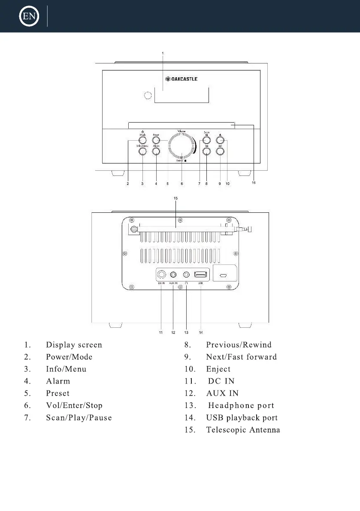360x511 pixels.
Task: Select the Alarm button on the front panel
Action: (156, 151)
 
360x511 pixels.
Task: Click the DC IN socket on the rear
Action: (162, 275)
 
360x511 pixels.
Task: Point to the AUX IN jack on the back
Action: (174, 275)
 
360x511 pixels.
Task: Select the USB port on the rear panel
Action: (201, 275)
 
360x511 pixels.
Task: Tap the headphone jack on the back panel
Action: (187, 275)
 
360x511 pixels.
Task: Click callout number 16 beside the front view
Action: (254, 182)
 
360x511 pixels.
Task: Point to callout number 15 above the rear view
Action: (175, 198)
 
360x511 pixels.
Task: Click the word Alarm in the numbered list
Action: (58, 381)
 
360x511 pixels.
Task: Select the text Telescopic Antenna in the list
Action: (243, 430)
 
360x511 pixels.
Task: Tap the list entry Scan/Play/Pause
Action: (79, 417)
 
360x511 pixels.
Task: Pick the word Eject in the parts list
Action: (218, 369)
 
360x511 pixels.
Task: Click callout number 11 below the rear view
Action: (161, 332)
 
